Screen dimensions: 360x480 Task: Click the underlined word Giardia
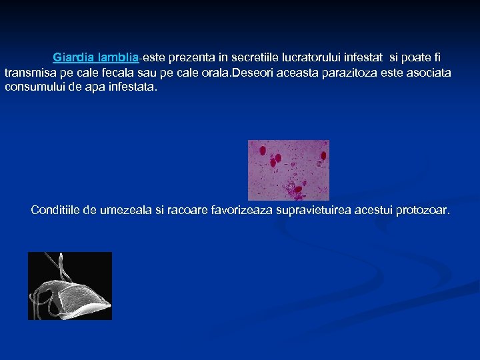(73, 58)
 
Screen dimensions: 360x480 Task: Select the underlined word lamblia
(117, 58)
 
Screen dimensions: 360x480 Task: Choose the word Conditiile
(57, 211)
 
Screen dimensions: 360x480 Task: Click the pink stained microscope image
(288, 169)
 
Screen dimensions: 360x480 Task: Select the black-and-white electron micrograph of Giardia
(69, 285)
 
